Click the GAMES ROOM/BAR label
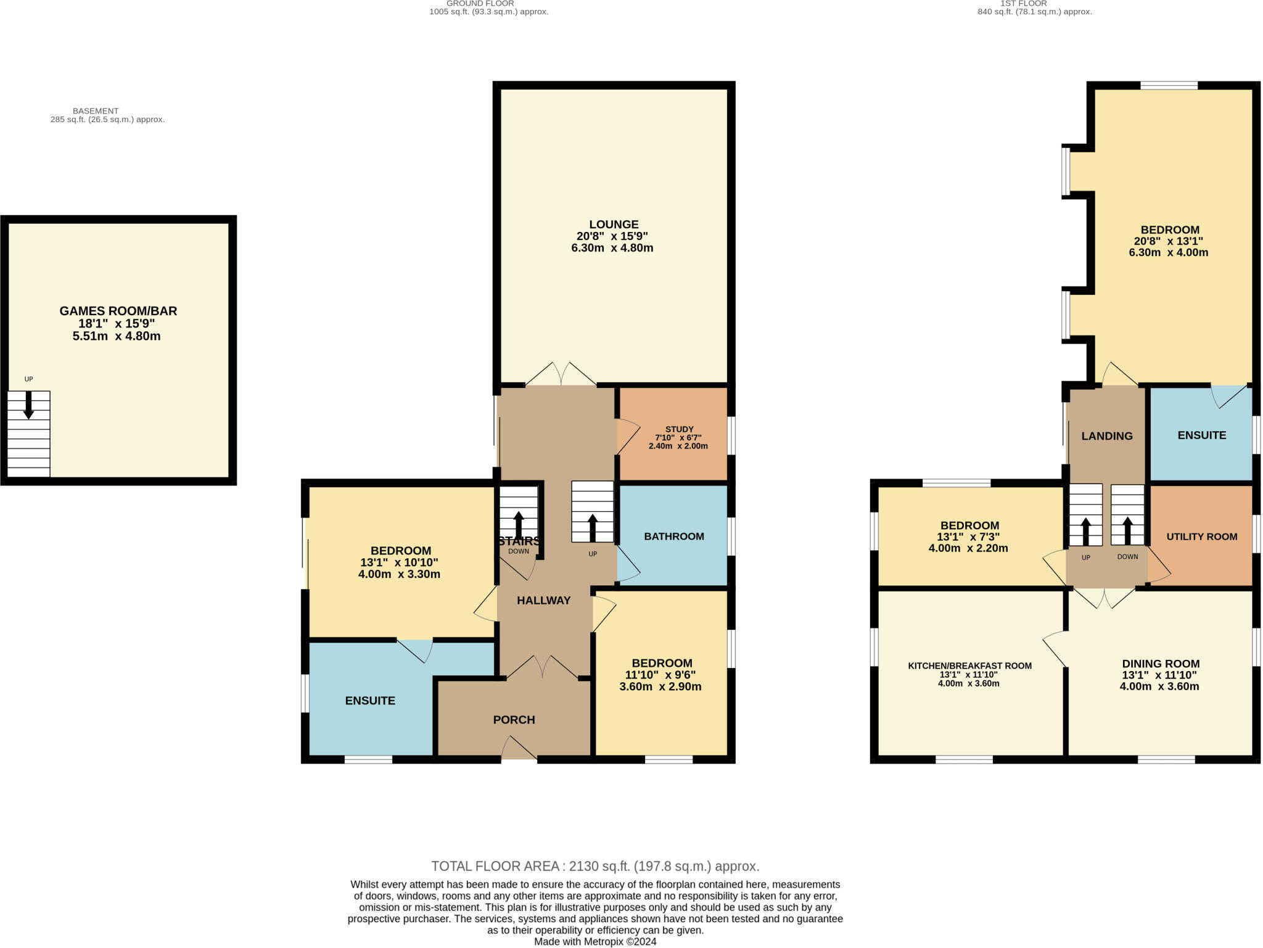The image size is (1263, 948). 118,311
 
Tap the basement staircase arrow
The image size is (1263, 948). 28,405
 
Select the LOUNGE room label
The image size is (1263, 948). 613,225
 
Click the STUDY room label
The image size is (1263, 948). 679,429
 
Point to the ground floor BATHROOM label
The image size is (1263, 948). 673,537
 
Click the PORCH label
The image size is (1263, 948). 514,720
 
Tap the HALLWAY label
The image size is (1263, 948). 543,600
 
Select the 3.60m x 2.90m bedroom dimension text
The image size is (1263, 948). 660,686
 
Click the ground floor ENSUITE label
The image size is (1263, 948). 370,701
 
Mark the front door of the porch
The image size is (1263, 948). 519,749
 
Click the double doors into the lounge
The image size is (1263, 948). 561,375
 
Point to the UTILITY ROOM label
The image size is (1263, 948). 1201,537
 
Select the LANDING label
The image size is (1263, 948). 1107,436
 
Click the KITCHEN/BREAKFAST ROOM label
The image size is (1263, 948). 969,666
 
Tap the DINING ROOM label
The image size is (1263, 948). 1161,664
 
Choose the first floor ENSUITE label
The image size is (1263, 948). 1201,435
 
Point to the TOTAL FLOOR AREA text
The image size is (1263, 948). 595,866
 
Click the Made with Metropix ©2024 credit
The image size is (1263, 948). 595,942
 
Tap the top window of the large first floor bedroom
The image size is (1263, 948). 1169,86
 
